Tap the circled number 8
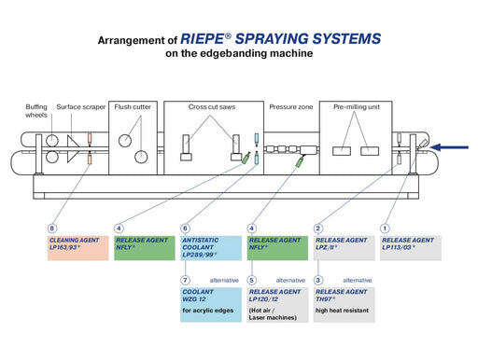pyautogui.click(x=52, y=228)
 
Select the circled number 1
pyautogui.click(x=385, y=228)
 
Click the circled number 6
pyautogui.click(x=185, y=228)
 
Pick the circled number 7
pyautogui.click(x=185, y=279)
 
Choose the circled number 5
pyautogui.click(x=252, y=279)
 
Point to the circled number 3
pyautogui.click(x=318, y=279)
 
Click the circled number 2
pyautogui.click(x=318, y=228)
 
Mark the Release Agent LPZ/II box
pyautogui.click(x=344, y=247)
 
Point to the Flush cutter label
pyautogui.click(x=134, y=107)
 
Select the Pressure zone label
pyautogui.click(x=290, y=107)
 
